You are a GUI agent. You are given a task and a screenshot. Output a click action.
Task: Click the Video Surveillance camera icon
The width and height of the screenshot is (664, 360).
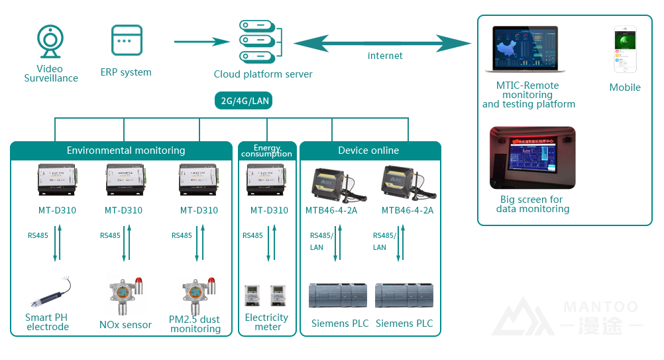[x=50, y=42]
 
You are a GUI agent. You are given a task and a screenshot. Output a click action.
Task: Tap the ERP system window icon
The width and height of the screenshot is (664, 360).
[x=127, y=41]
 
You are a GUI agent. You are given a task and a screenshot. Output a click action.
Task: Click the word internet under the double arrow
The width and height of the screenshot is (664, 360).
[x=385, y=56]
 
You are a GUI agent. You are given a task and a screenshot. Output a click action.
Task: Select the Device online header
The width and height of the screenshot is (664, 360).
[x=368, y=150]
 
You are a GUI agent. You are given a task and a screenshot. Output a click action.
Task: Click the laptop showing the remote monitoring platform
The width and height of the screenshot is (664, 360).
[x=524, y=50]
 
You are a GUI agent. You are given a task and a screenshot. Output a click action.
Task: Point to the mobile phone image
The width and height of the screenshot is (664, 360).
[x=625, y=50]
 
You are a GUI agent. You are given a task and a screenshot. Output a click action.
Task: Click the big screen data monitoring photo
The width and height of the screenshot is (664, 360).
[x=532, y=158]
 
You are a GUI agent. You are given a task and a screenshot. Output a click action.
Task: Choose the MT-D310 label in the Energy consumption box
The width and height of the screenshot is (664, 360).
[x=269, y=210]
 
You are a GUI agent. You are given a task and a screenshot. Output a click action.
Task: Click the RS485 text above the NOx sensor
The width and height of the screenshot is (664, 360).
[x=110, y=235]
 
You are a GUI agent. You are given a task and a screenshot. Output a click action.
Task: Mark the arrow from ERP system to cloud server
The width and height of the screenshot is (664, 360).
[x=201, y=42]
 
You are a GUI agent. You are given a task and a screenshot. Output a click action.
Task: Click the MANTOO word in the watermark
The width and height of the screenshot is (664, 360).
[x=600, y=307]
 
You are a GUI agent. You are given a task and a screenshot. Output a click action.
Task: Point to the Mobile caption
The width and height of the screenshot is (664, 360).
[x=625, y=88]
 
